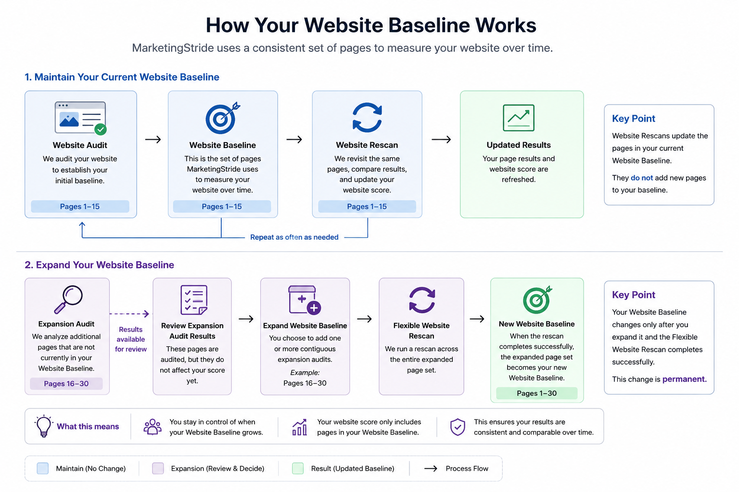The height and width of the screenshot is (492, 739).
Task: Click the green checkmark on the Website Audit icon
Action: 101,129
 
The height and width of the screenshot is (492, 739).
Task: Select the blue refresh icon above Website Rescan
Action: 367,117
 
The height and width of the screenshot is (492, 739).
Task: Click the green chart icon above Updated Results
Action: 518,118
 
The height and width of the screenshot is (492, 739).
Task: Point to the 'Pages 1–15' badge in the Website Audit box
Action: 80,206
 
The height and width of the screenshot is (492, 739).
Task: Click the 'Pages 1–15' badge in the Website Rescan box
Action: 367,206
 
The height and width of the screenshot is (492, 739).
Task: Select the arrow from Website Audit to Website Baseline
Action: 153,139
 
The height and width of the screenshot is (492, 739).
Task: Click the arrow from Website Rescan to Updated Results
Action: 441,139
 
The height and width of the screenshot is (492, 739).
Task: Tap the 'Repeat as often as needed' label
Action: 294,237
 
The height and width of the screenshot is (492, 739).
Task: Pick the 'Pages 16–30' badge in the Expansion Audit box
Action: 66,383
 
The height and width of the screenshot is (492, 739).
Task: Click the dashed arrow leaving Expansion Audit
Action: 129,314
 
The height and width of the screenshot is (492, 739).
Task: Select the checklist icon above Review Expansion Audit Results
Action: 194,300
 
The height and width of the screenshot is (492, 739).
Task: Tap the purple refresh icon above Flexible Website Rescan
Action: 422,300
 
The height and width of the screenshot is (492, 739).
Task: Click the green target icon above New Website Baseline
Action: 537,299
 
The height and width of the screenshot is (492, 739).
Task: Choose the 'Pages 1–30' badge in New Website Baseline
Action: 537,393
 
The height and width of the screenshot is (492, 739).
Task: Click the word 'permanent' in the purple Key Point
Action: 684,379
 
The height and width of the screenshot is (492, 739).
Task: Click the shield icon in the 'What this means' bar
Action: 458,427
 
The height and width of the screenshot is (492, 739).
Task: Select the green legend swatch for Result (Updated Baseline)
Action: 298,468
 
